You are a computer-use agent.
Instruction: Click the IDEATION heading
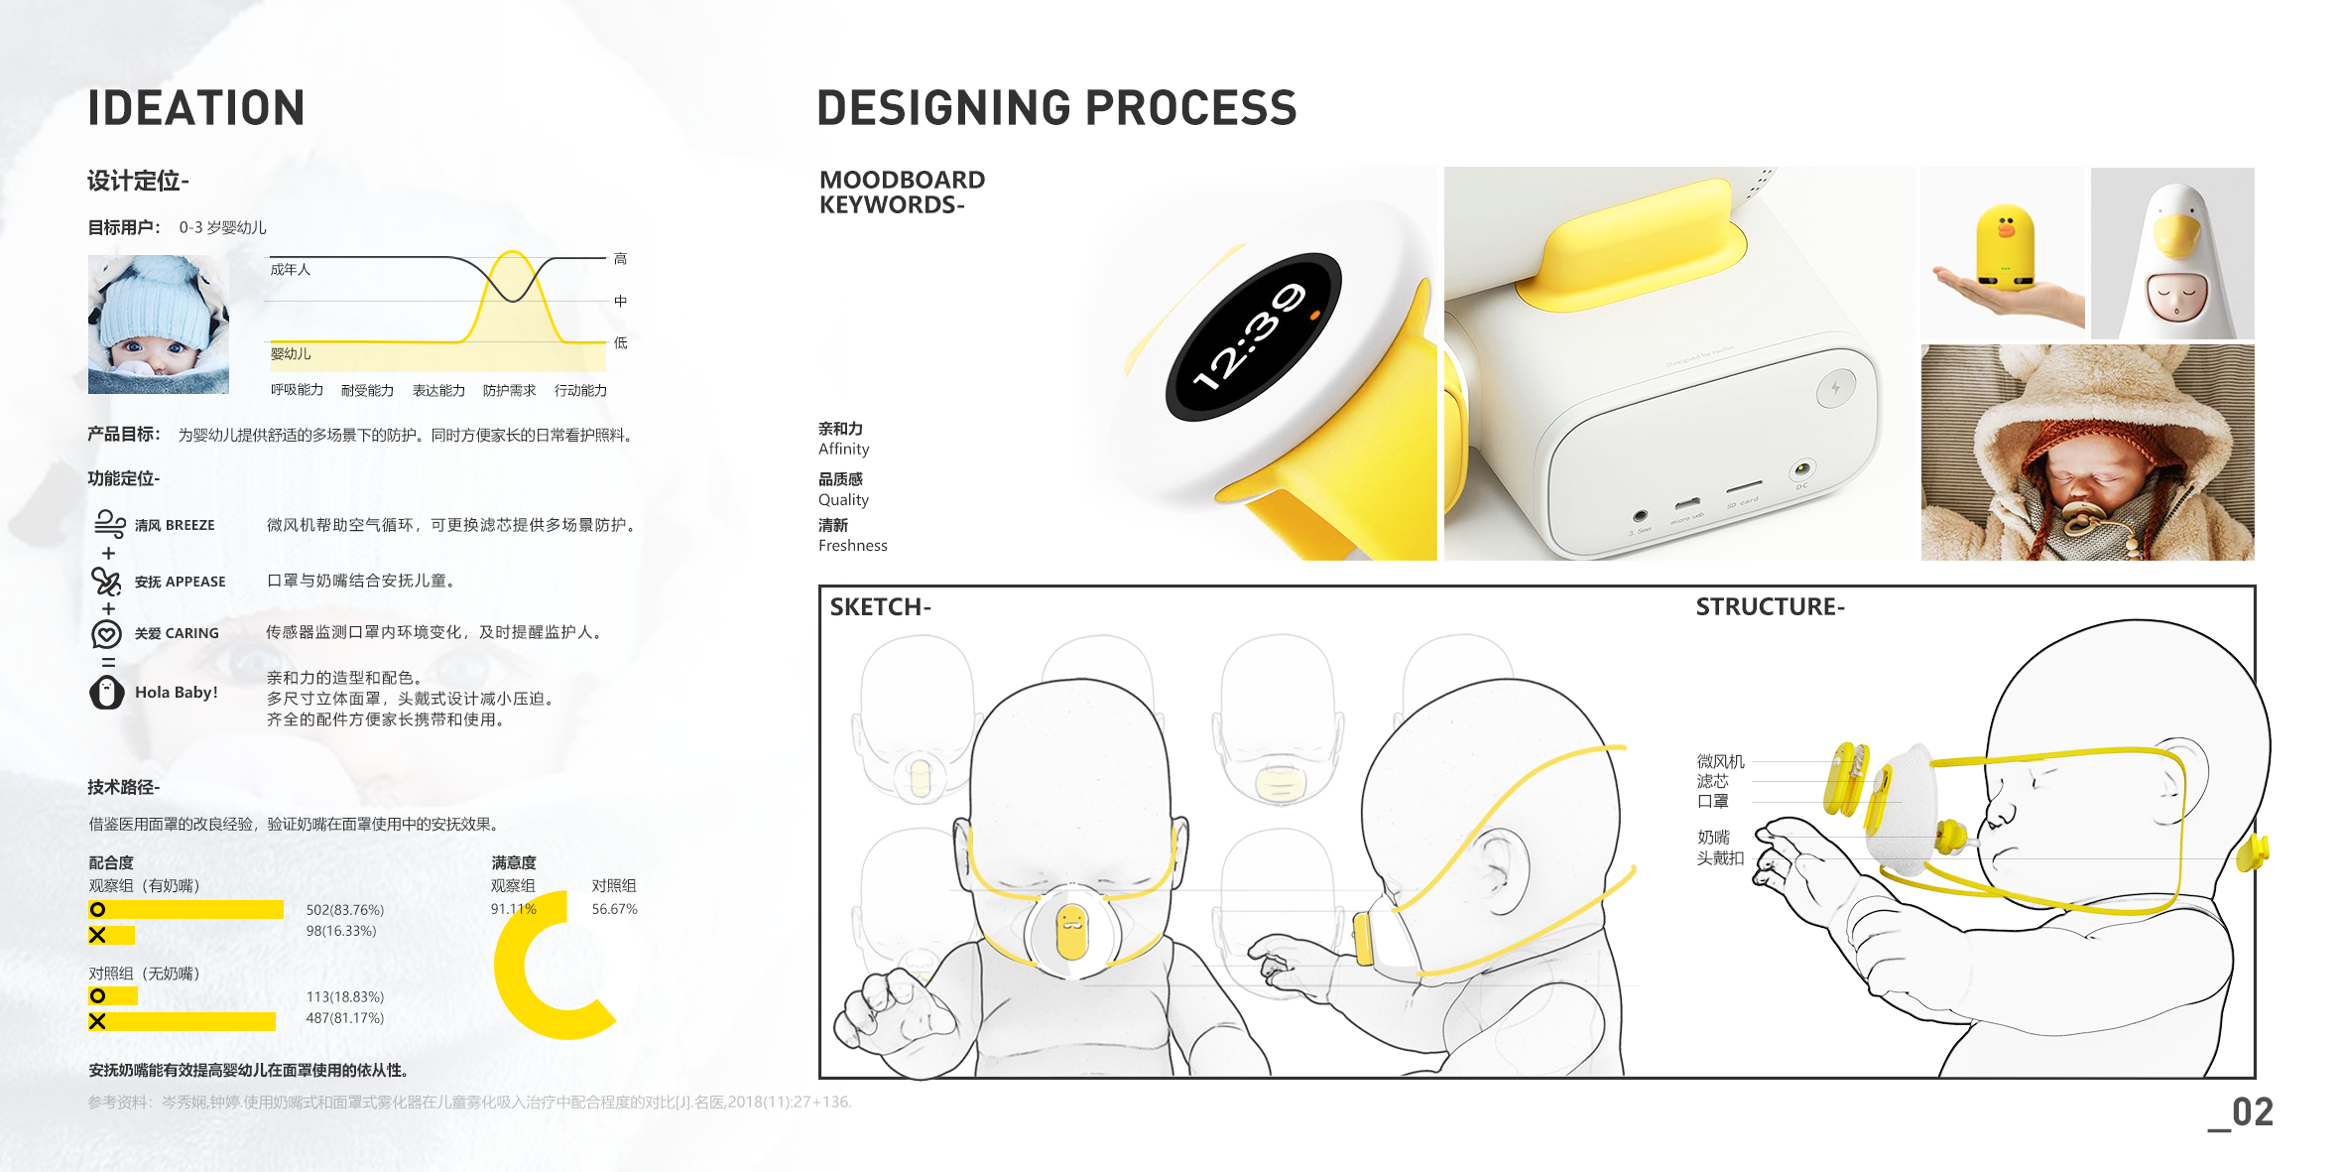pos(196,108)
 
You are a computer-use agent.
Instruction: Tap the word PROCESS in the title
pos(1189,108)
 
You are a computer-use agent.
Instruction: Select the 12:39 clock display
pos(1253,335)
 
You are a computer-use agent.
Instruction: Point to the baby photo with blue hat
pos(159,325)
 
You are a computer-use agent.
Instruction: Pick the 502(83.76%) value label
pos(344,909)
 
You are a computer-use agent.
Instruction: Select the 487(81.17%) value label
pos(344,1018)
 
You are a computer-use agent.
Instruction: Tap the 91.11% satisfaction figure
pos(513,909)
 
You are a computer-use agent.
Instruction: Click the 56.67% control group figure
pos(614,909)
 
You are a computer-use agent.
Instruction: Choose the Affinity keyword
pos(843,450)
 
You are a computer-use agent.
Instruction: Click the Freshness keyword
pos(852,546)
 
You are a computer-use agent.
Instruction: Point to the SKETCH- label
pos(880,607)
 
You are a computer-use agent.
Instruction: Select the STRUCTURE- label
pos(1770,607)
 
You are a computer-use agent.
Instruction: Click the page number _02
pos(2241,1112)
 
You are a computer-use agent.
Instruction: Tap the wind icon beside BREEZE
pos(108,523)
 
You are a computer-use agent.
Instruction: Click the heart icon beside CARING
pos(106,633)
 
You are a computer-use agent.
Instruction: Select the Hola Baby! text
pos(176,693)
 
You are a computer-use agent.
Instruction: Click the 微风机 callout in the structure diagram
pos(1720,761)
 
